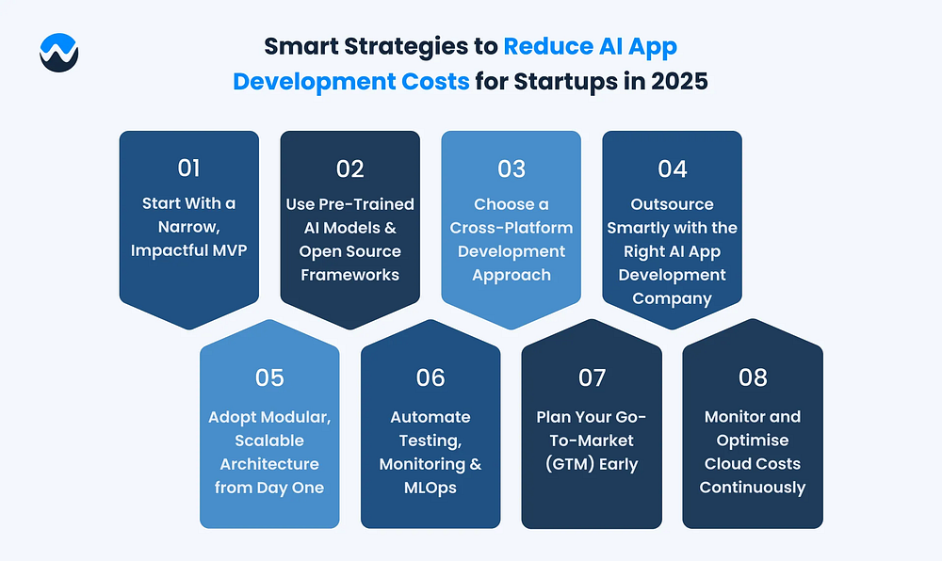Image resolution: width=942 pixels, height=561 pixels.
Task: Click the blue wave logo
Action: click(58, 53)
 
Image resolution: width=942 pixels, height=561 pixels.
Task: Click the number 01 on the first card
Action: click(188, 168)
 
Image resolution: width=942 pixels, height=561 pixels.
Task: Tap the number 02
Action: click(350, 168)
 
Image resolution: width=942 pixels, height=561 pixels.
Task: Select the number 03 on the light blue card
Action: click(512, 168)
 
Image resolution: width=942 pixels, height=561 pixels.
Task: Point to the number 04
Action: click(673, 168)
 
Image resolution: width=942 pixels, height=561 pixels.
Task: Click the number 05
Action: click(269, 377)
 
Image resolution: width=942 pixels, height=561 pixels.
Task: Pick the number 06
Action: click(430, 377)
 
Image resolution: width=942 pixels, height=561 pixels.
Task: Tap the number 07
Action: click(592, 377)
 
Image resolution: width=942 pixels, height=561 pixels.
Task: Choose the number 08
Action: click(753, 377)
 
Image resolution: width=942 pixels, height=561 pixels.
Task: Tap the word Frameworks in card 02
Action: click(350, 275)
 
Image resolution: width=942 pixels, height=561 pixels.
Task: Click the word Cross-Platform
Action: click(512, 228)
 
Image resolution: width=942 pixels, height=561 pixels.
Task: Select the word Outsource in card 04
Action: click(673, 204)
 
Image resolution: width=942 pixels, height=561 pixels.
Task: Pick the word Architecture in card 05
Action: click(269, 464)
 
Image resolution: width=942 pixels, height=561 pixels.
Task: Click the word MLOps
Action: click(430, 488)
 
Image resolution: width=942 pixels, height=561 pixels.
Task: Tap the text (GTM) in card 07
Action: click(567, 464)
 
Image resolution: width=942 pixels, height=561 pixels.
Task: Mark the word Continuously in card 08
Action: click(753, 488)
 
